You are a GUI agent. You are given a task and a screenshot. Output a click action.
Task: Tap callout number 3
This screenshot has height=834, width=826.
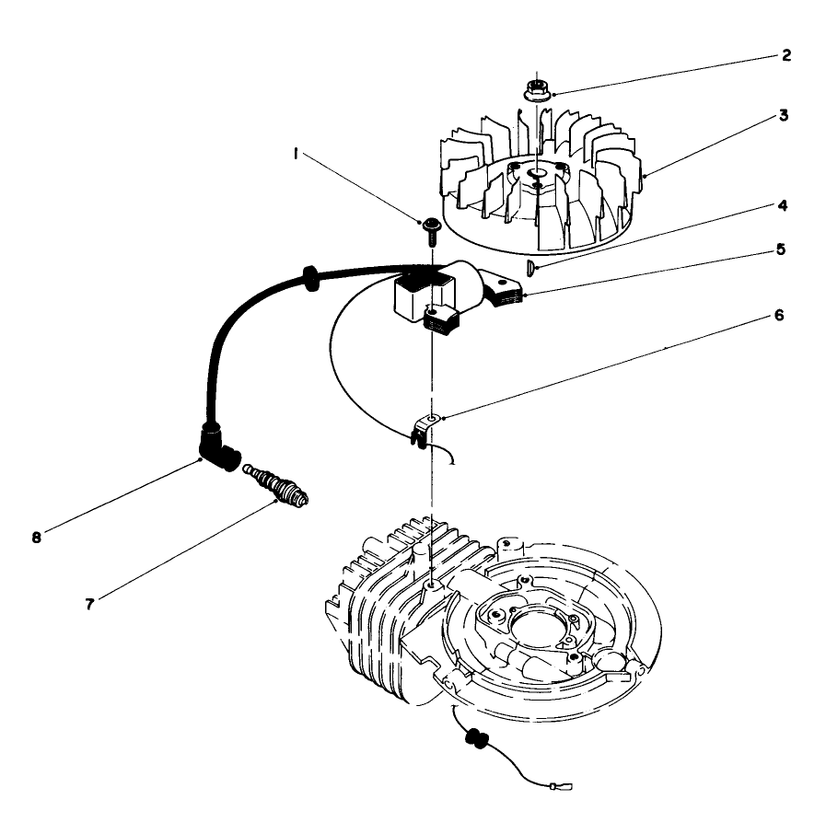point(782,116)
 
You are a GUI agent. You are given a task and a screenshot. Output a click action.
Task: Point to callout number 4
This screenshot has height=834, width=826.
point(784,207)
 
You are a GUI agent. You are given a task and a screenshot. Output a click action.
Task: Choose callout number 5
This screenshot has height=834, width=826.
point(780,249)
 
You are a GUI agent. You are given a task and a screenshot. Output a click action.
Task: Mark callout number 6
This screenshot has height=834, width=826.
point(780,315)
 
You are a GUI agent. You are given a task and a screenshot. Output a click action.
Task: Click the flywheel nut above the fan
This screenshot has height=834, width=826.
point(535,91)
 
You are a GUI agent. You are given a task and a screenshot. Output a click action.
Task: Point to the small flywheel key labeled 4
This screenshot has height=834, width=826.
point(533,268)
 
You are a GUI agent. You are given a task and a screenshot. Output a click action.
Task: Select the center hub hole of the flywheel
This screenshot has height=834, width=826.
point(537,172)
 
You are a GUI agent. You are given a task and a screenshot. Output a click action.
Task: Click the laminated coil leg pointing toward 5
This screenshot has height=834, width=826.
point(506,293)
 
